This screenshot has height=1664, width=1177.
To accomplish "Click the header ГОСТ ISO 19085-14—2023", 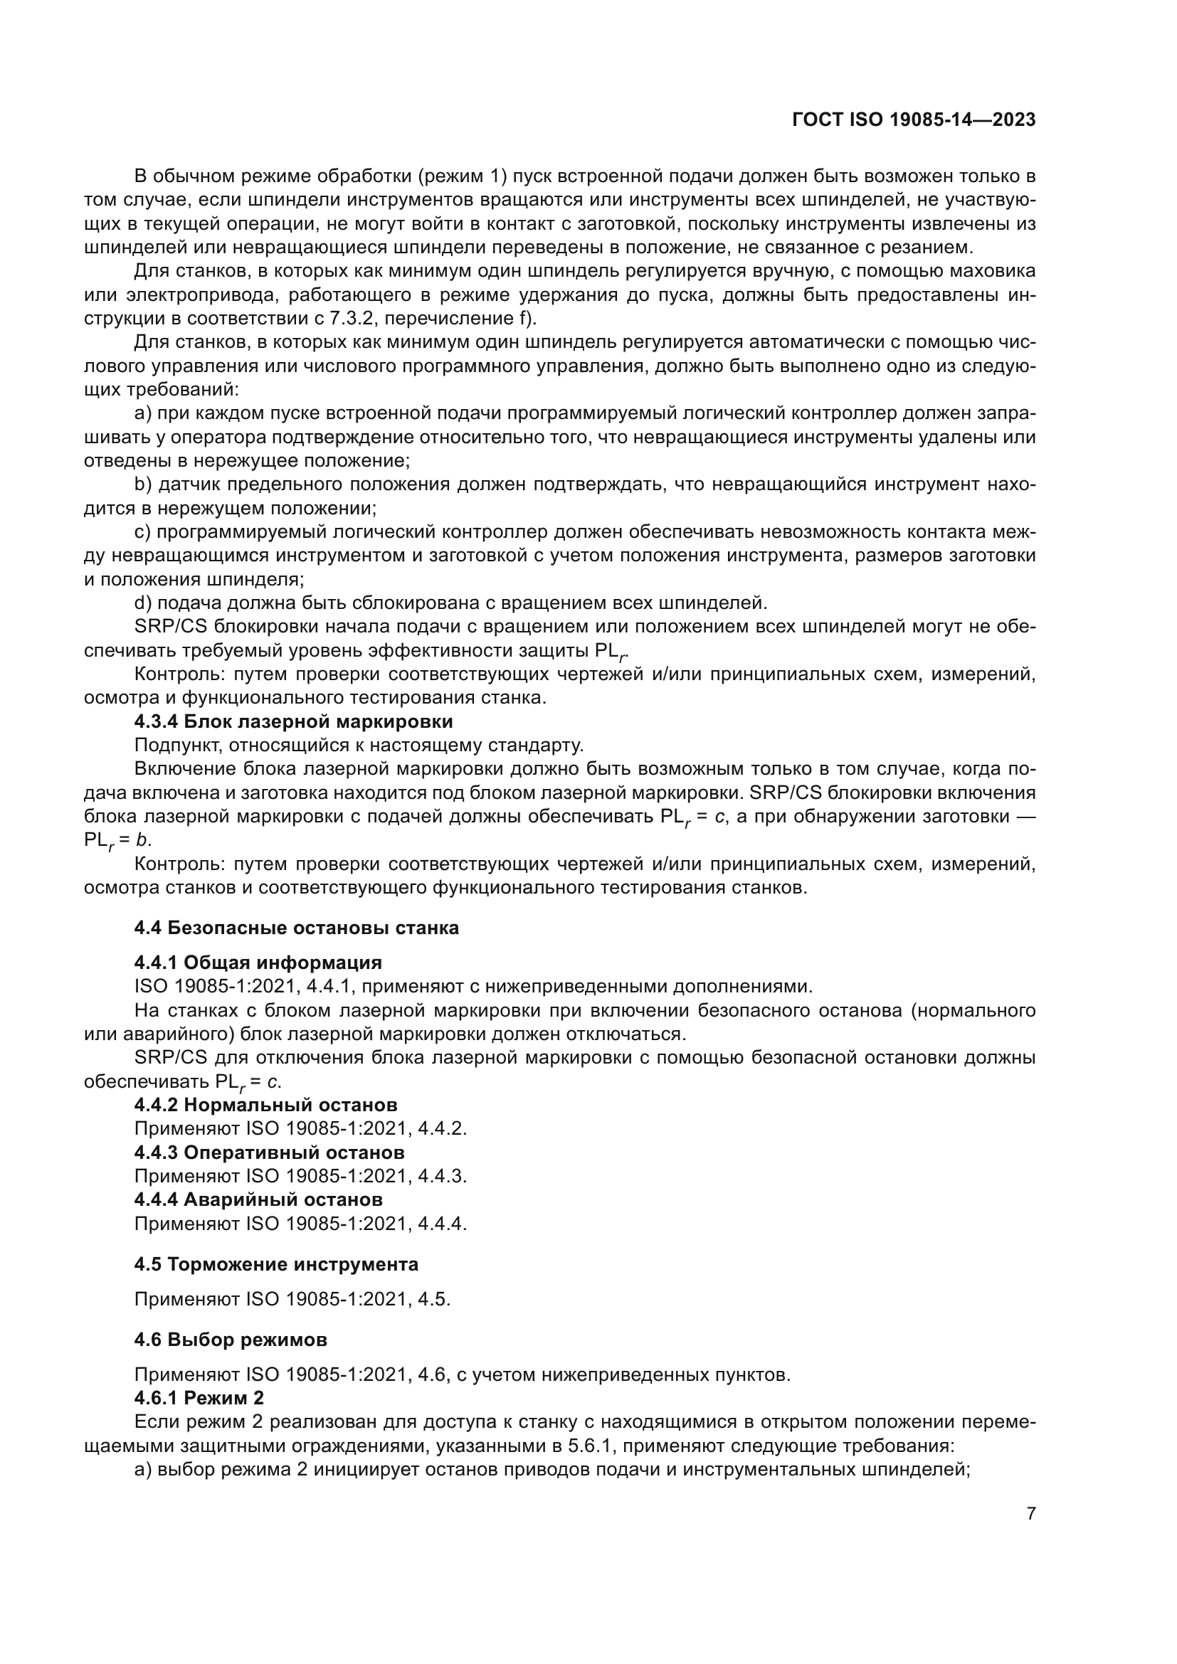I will click(914, 120).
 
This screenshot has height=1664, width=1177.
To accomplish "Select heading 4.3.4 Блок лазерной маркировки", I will click(293, 722).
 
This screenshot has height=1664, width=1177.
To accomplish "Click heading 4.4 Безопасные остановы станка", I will click(297, 928).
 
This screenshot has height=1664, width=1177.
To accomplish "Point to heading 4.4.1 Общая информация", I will click(258, 963).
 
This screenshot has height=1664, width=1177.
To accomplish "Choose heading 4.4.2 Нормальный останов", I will click(266, 1106).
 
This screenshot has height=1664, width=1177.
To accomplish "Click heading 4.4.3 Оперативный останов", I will click(270, 1152).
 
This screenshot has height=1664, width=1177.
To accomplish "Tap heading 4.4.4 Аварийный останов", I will click(259, 1199).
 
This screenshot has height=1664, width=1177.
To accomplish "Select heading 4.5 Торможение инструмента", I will click(276, 1265).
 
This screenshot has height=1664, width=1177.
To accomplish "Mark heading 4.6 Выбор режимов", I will click(231, 1340).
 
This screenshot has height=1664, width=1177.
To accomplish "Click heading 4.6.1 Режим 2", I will click(199, 1398).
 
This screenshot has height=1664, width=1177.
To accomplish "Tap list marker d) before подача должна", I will click(143, 603).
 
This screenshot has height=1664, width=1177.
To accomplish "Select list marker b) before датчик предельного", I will click(143, 484).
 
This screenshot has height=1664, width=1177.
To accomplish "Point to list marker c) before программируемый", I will click(143, 532).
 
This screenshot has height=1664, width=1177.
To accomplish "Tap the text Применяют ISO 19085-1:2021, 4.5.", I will click(292, 1299).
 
